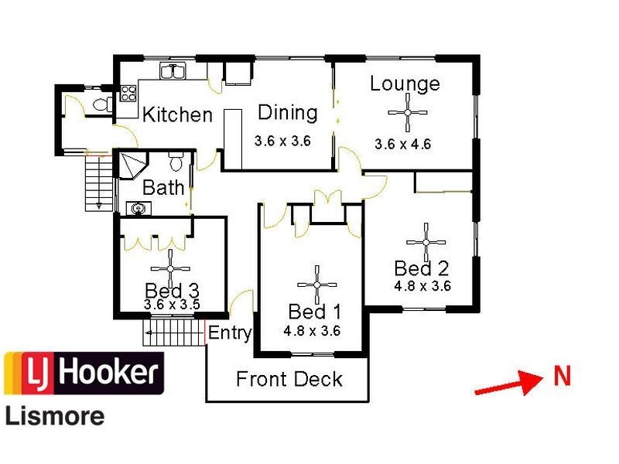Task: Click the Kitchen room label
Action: pos(177,115)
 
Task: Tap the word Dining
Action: pos(287,112)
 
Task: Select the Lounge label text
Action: pos(405,84)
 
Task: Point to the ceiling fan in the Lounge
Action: pos(407,113)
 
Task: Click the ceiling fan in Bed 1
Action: pos(316,284)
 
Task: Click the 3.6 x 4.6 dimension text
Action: pos(402,144)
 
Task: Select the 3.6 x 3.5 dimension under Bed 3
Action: pos(172,305)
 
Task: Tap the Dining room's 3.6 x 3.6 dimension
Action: pos(282,142)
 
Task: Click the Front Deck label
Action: pos(289,380)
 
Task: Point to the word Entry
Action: pos(230,333)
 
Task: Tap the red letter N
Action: pos(562,377)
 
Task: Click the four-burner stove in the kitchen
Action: pos(128,94)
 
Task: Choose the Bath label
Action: pos(163,187)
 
